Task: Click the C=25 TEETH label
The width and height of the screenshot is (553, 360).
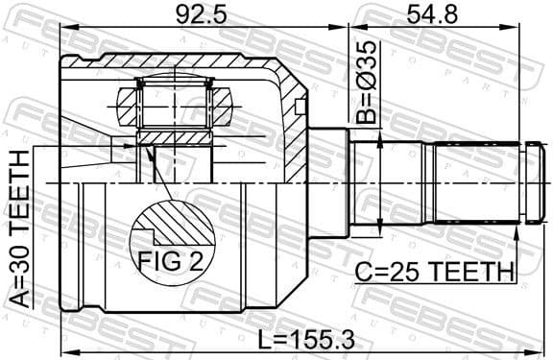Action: pyautogui.click(x=433, y=273)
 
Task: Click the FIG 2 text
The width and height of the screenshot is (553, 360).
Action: pyautogui.click(x=174, y=260)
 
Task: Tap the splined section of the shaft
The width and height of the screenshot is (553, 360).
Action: pyautogui.click(x=475, y=182)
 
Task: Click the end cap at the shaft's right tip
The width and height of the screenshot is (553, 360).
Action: pyautogui.click(x=535, y=182)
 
